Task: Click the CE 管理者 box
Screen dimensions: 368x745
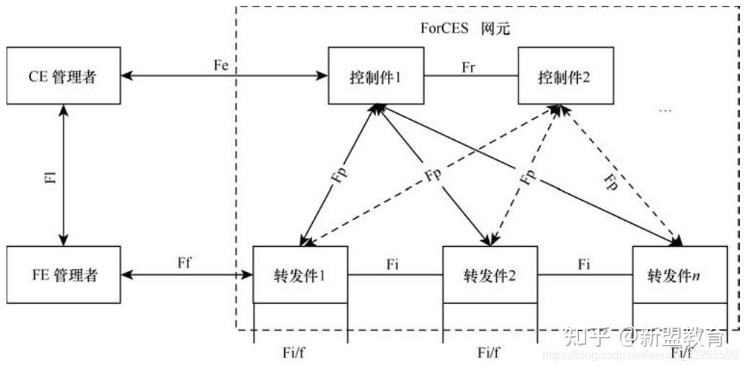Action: pyautogui.click(x=63, y=75)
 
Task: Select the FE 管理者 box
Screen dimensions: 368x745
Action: pyautogui.click(x=63, y=274)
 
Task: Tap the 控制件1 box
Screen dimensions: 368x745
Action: pyautogui.click(x=375, y=75)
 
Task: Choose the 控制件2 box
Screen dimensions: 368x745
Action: pyautogui.click(x=565, y=75)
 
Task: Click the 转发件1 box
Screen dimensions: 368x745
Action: pyautogui.click(x=301, y=274)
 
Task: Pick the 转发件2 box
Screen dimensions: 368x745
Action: pyautogui.click(x=490, y=274)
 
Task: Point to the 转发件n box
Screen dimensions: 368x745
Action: pyautogui.click(x=679, y=274)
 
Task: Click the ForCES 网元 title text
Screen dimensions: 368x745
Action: pyautogui.click(x=464, y=28)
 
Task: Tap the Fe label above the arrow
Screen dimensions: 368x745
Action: pyautogui.click(x=221, y=63)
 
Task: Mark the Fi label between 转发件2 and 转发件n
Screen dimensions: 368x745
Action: pyautogui.click(x=586, y=264)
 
